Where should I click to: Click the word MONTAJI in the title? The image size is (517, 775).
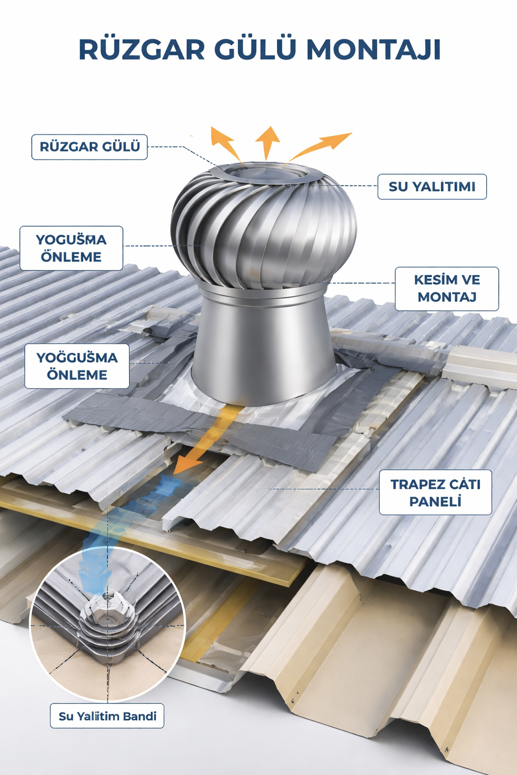coord(374,50)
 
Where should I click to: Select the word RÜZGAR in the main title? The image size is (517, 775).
coord(142,50)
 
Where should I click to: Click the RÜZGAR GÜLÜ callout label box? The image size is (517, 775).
coord(89,147)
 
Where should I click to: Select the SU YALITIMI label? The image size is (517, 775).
coord(432,187)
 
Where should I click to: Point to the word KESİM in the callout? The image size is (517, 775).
coord(432,280)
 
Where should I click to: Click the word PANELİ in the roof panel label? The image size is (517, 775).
coord(435,502)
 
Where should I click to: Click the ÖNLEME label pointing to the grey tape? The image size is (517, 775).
coord(77,375)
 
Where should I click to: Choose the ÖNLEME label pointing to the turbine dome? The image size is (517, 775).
coord(71,257)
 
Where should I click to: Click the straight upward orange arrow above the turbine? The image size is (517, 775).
coord(268,141)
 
